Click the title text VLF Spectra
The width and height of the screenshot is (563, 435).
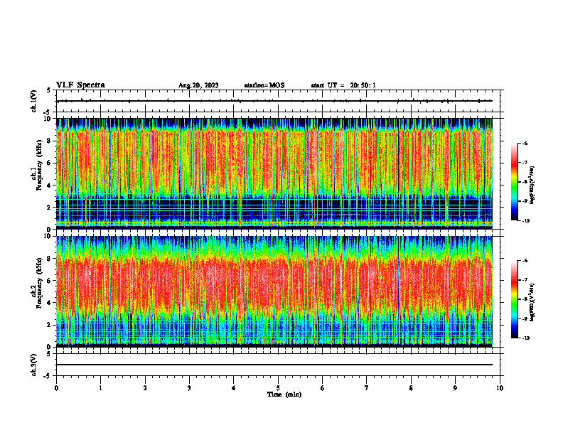point(80,85)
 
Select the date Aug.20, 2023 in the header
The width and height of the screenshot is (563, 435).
point(198,86)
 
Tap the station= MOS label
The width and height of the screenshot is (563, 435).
point(264,86)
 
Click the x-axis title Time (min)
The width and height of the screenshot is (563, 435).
point(284,394)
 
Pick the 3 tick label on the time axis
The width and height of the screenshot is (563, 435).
point(189,388)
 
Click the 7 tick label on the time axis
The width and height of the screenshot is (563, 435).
point(367,388)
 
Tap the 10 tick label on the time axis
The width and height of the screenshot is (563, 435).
point(500,388)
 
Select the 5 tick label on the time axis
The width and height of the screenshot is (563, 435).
point(278,388)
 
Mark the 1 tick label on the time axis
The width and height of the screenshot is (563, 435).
point(100,388)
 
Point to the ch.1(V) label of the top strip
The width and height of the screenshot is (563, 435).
point(35,101)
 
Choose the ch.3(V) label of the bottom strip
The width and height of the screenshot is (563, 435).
point(35,364)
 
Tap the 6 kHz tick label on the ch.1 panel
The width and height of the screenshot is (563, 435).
point(48,163)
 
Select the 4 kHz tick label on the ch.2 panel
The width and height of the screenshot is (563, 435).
point(48,302)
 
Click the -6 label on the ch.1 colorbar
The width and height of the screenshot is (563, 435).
point(525,144)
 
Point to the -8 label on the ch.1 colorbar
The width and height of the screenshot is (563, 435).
point(525,182)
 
